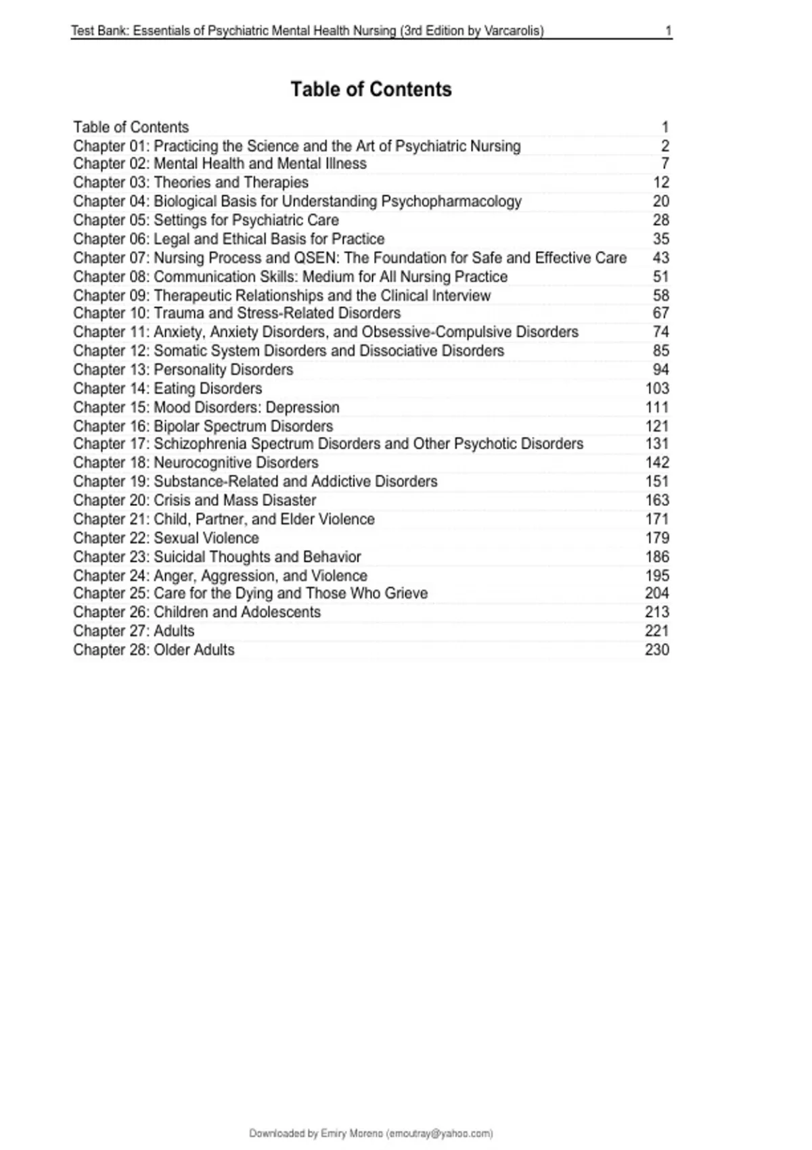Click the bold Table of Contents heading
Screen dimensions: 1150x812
pyautogui.click(x=371, y=89)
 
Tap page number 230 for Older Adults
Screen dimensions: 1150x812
pyautogui.click(x=657, y=650)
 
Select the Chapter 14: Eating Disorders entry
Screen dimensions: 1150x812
pyautogui.click(x=167, y=389)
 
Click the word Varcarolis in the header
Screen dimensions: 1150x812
pyautogui.click(x=513, y=30)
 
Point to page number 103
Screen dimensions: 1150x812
pyautogui.click(x=657, y=389)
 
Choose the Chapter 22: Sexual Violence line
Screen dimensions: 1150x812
pyautogui.click(x=166, y=538)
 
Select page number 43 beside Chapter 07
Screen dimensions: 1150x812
pyautogui.click(x=660, y=258)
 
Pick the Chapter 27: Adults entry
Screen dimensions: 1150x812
pyautogui.click(x=133, y=631)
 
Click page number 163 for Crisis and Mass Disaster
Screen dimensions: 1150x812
pyautogui.click(x=657, y=501)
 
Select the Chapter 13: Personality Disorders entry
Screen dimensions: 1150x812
pyautogui.click(x=183, y=370)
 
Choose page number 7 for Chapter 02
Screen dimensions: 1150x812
pyautogui.click(x=664, y=164)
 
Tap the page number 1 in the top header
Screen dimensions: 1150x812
pyautogui.click(x=669, y=30)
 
